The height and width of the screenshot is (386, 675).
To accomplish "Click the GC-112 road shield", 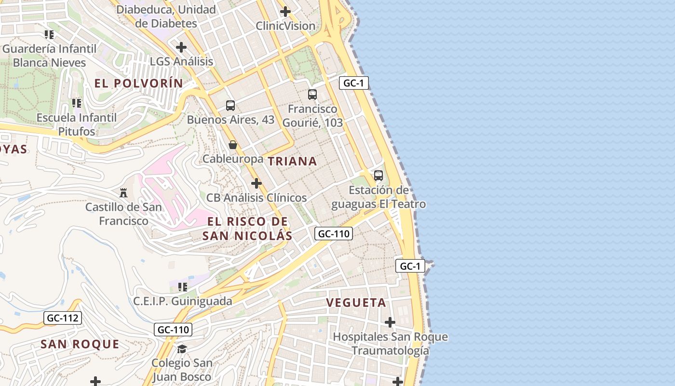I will point(62,318).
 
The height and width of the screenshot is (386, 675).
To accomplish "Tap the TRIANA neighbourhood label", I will point(292,161).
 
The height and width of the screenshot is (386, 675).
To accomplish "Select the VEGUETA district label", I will point(356,303).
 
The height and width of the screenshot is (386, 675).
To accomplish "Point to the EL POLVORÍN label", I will point(139,83).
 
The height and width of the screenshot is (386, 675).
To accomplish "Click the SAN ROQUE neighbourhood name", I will point(80,344).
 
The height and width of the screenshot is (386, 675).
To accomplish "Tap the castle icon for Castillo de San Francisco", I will point(123,193).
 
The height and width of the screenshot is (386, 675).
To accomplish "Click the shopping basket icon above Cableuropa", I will point(233,145).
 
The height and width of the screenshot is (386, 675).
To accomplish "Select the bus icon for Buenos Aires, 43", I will point(230,105).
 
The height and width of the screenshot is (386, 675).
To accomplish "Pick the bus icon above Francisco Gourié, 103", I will point(312,95).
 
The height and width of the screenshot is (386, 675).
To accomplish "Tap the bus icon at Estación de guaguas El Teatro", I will point(378,176).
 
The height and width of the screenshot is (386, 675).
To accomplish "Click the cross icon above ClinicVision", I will point(285,12).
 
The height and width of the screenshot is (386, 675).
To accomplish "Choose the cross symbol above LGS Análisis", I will point(181,47).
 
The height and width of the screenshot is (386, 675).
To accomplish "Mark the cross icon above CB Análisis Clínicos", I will point(256,183).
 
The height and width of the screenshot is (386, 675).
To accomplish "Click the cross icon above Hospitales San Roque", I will point(390,322).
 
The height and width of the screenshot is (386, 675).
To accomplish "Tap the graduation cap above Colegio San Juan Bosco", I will point(182,348).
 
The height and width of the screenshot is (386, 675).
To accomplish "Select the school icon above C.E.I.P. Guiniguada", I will point(183,287).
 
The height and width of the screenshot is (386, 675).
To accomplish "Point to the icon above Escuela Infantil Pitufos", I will point(77,103).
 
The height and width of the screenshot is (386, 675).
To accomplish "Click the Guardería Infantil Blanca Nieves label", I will point(49,55).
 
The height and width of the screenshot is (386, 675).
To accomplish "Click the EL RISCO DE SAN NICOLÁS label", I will point(247,228).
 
